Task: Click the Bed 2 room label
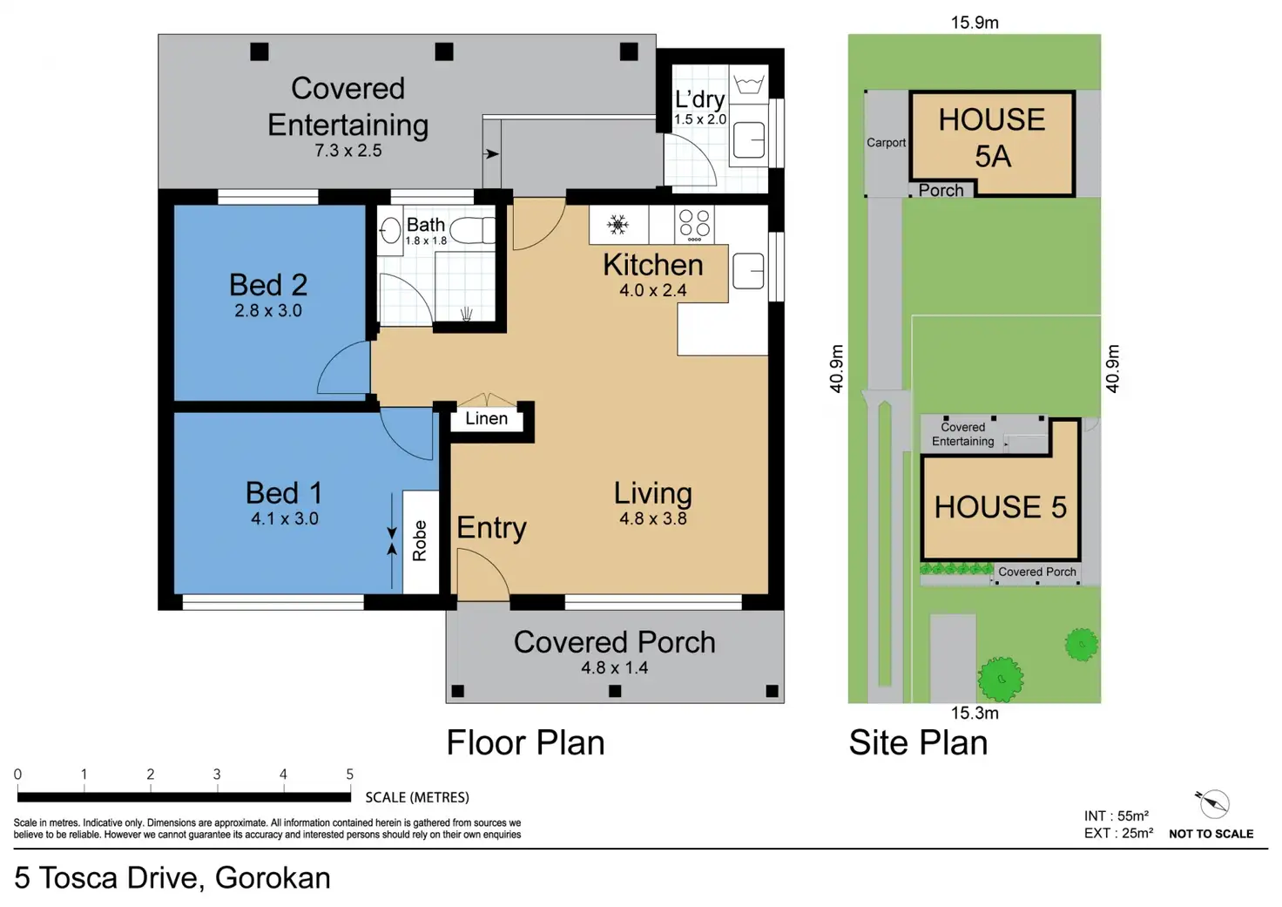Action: click(x=268, y=285)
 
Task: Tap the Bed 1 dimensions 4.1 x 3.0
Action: click(x=285, y=518)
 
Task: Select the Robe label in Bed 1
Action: click(x=420, y=540)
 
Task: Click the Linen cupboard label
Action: click(x=487, y=418)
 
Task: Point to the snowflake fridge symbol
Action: click(x=617, y=225)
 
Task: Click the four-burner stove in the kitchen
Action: click(x=694, y=225)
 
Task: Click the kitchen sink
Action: click(x=748, y=271)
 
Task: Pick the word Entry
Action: click(x=491, y=528)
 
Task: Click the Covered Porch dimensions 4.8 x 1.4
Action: click(x=615, y=667)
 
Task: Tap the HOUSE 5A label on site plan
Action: click(x=992, y=138)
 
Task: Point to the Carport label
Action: click(x=886, y=143)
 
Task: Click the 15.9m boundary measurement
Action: click(x=975, y=23)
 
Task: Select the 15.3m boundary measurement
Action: click(x=975, y=713)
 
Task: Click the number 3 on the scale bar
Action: click(x=216, y=775)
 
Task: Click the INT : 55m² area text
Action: click(x=1116, y=816)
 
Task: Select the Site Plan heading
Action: click(x=918, y=743)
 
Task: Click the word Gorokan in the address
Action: click(x=273, y=877)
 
